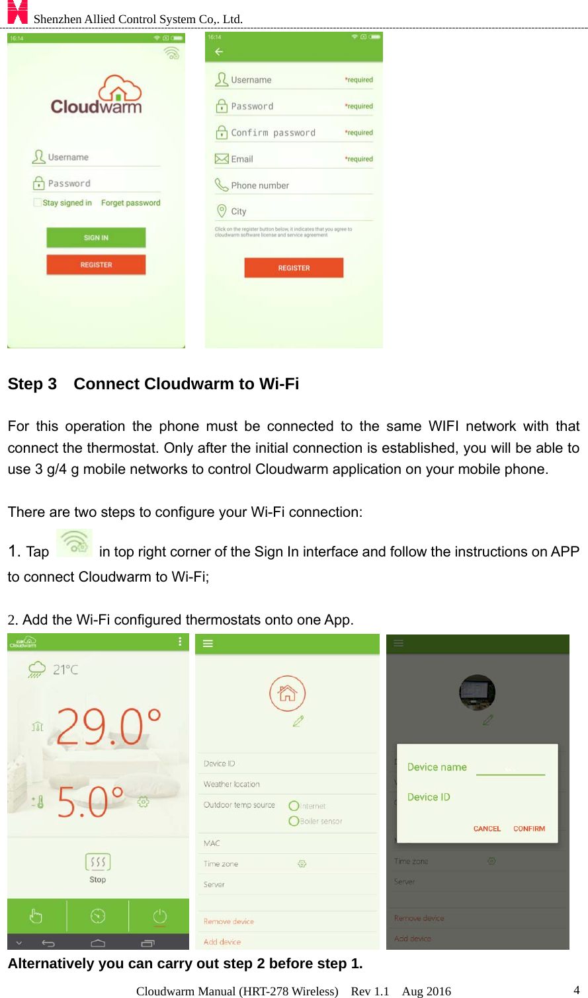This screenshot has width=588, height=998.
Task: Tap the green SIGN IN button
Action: pyautogui.click(x=96, y=238)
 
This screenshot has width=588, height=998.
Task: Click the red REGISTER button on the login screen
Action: pyautogui.click(x=96, y=264)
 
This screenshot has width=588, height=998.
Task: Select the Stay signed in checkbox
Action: pyautogui.click(x=38, y=203)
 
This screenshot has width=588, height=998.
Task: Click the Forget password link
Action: pyautogui.click(x=130, y=203)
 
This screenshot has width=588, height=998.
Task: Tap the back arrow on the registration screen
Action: pyautogui.click(x=219, y=52)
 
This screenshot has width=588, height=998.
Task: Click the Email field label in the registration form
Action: pyautogui.click(x=242, y=159)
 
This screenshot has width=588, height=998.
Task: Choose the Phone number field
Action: pyautogui.click(x=260, y=186)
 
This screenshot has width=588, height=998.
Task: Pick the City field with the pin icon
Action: pyautogui.click(x=239, y=211)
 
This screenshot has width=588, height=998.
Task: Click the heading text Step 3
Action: pyautogui.click(x=32, y=384)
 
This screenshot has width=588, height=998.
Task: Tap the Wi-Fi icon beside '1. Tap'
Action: pyautogui.click(x=74, y=543)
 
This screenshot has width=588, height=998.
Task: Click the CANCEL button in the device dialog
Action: pyautogui.click(x=487, y=829)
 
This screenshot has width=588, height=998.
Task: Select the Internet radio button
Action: pyautogui.click(x=294, y=806)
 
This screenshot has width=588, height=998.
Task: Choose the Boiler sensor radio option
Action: pyautogui.click(x=294, y=821)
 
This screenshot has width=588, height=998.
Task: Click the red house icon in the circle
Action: pyautogui.click(x=287, y=693)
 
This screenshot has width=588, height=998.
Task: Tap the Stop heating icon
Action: pyautogui.click(x=98, y=863)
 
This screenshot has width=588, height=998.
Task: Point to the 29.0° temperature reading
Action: pyautogui.click(x=108, y=727)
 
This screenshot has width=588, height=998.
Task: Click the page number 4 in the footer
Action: pyautogui.click(x=576, y=990)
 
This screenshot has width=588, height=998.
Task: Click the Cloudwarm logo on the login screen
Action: pyautogui.click(x=97, y=96)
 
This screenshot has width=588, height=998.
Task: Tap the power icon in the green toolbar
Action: pyautogui.click(x=159, y=916)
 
